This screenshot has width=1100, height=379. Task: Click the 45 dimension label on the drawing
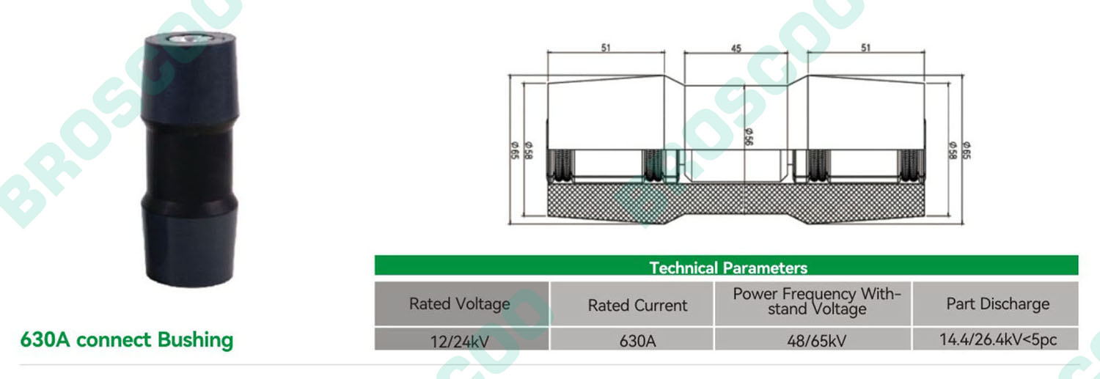[x=736, y=48]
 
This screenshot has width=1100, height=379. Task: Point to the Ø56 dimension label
[x=749, y=137]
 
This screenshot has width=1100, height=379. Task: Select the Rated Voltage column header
[x=460, y=304]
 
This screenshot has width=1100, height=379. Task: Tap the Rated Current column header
[x=637, y=306]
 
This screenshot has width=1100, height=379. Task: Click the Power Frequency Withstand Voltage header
[x=817, y=301]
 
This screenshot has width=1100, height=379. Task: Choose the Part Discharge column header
[x=998, y=304]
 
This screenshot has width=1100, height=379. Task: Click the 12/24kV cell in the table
[x=460, y=341]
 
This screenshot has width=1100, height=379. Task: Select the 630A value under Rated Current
[x=637, y=341]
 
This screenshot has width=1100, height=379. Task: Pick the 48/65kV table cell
[x=817, y=341]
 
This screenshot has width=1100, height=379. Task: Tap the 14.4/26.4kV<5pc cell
[x=998, y=339]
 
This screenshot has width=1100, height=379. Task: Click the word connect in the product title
[x=114, y=340]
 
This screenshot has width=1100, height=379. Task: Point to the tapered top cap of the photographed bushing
[x=190, y=78]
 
